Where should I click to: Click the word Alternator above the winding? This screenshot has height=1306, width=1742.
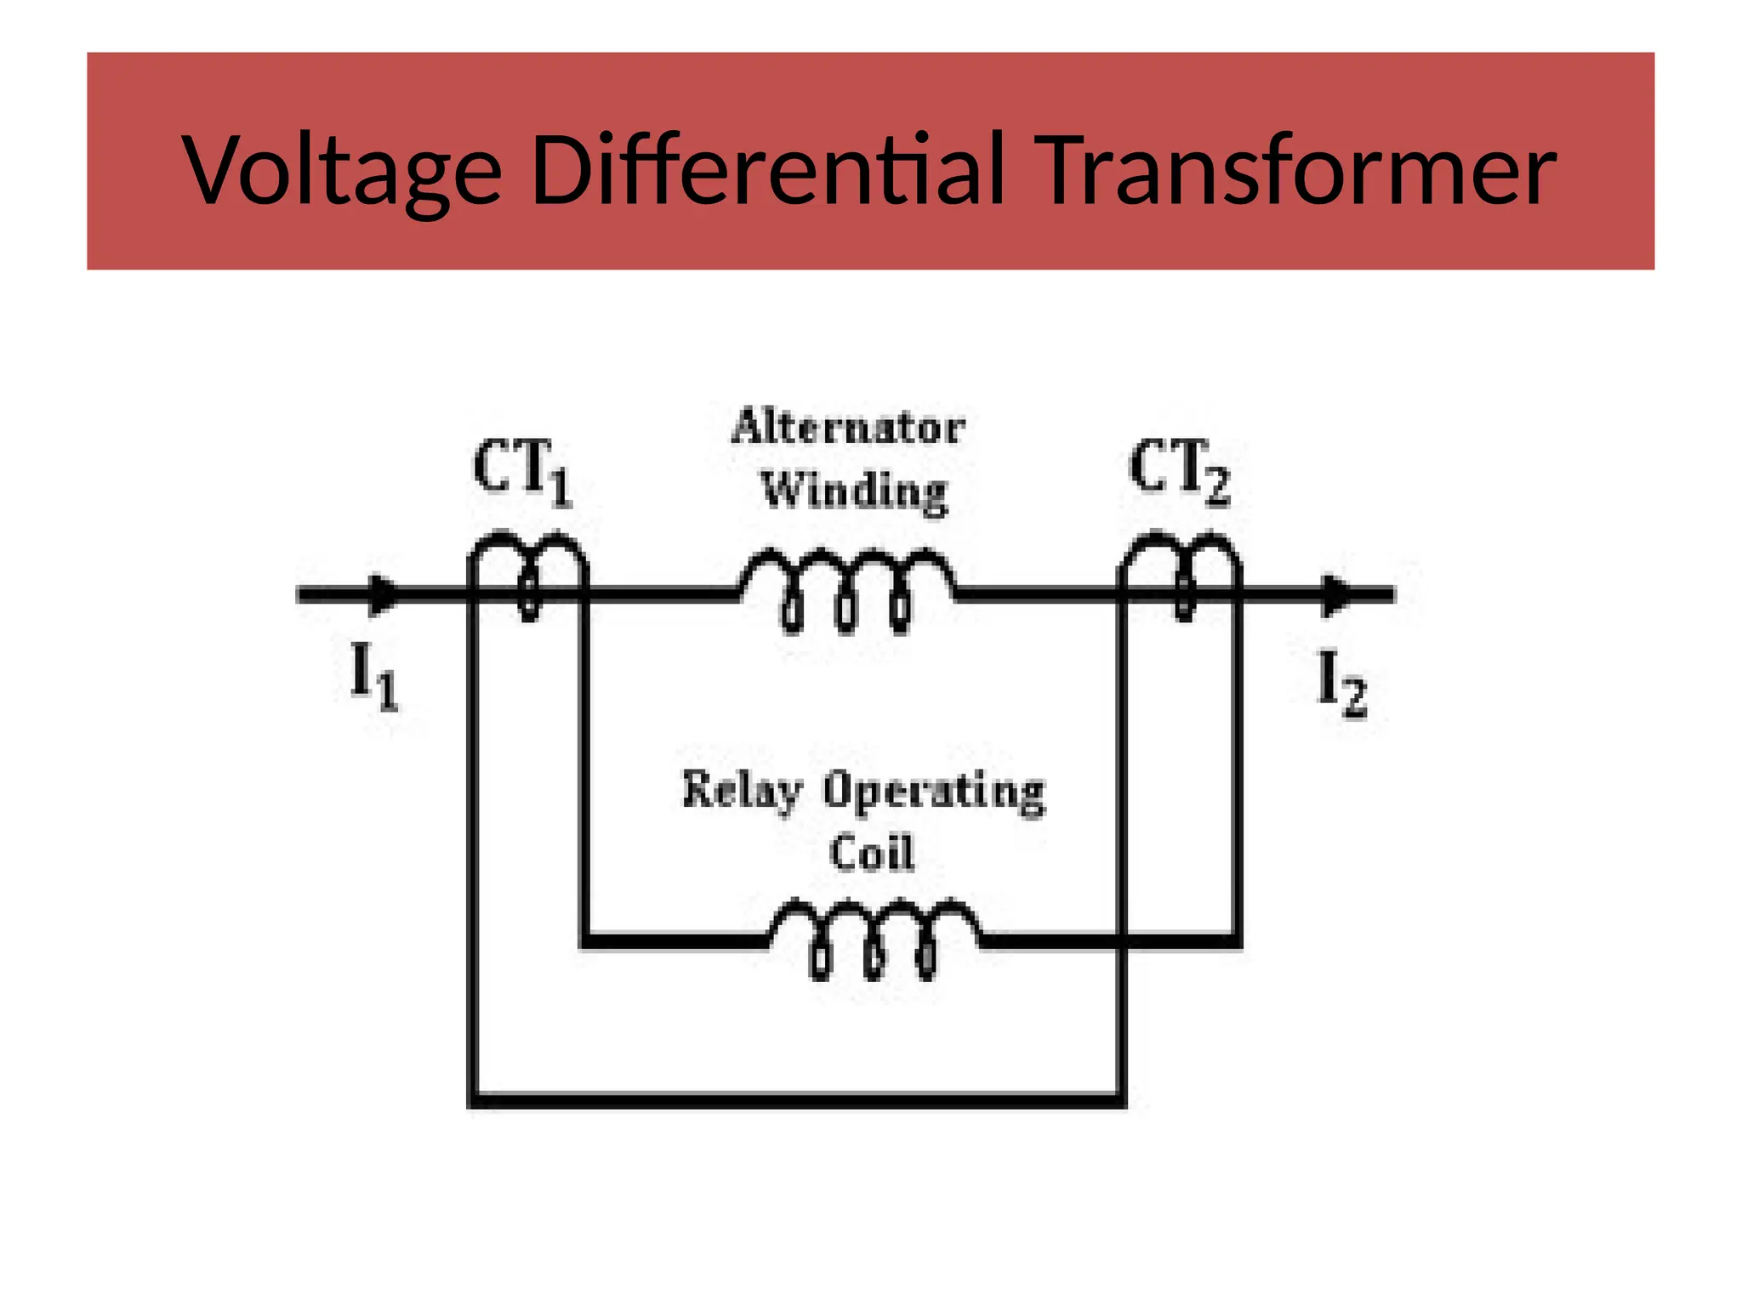tap(848, 428)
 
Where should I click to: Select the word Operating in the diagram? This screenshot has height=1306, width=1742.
tap(934, 791)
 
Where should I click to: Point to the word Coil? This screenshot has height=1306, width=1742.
tap(872, 853)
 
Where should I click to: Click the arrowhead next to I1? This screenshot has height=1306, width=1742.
tap(384, 594)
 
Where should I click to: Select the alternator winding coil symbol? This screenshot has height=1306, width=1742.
tap(847, 587)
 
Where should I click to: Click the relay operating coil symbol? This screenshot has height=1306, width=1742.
tap(874, 935)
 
